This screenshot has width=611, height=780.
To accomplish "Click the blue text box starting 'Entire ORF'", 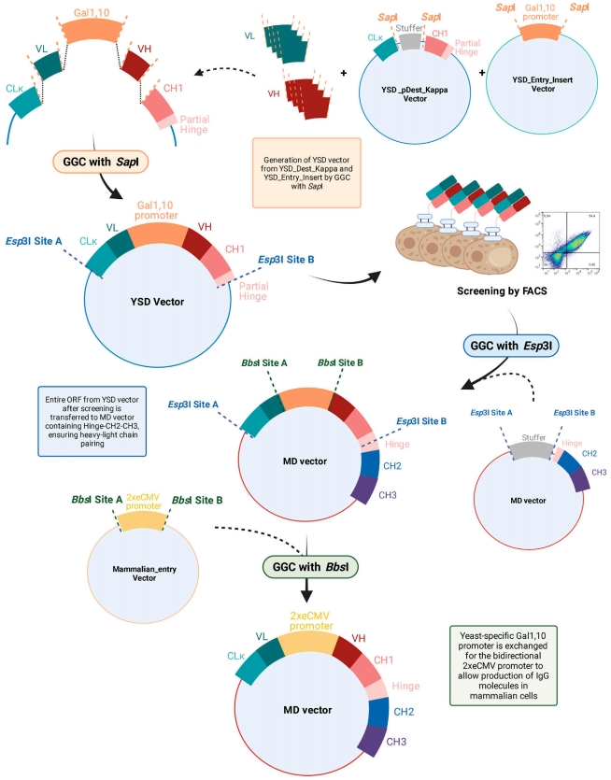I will (90, 421).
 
